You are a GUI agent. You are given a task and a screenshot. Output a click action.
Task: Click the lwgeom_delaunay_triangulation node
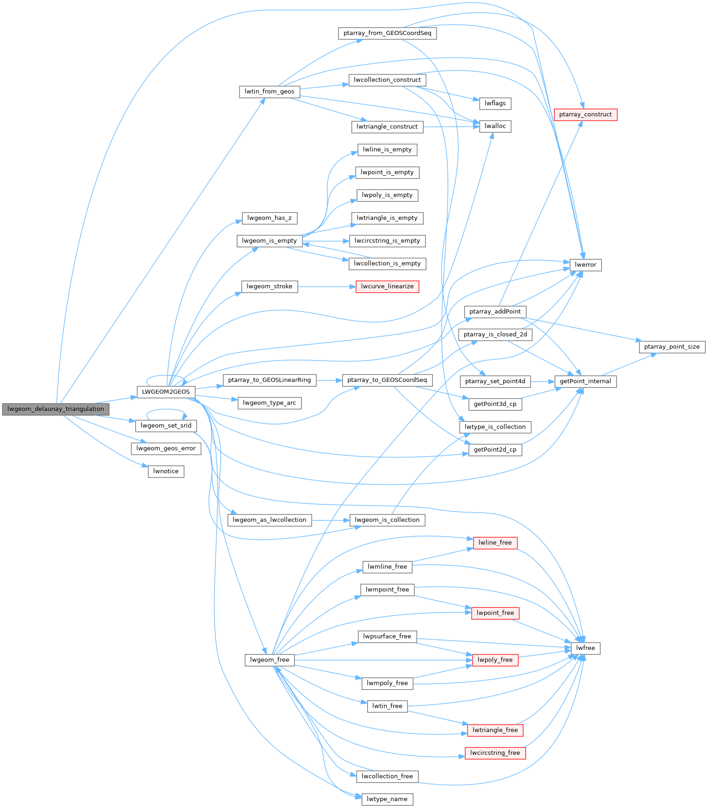pyautogui.click(x=55, y=409)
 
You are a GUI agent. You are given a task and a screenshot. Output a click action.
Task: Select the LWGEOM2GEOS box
pyautogui.click(x=166, y=392)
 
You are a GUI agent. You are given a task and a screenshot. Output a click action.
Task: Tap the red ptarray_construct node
pyautogui.click(x=585, y=115)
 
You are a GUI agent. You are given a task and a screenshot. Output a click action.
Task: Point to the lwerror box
pyautogui.click(x=585, y=265)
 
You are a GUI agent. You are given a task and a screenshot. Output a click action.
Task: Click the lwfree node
pyautogui.click(x=585, y=648)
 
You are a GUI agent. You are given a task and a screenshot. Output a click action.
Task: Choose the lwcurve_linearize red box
pyautogui.click(x=387, y=287)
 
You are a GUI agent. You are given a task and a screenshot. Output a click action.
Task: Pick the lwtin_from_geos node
pyautogui.click(x=269, y=92)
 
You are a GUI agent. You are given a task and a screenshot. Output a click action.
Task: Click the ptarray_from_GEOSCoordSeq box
pyautogui.click(x=387, y=33)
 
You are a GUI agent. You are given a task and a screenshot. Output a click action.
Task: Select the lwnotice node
pyautogui.click(x=166, y=471)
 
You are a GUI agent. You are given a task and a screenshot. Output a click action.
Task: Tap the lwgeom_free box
pyautogui.click(x=269, y=660)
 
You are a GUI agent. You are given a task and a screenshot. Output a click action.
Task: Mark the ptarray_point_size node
pyautogui.click(x=671, y=347)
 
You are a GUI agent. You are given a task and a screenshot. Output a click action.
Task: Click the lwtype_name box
pyautogui.click(x=387, y=799)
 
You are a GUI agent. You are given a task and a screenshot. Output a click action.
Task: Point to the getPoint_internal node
pyautogui.click(x=585, y=381)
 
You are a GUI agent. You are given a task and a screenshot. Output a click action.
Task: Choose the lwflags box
pyautogui.click(x=495, y=104)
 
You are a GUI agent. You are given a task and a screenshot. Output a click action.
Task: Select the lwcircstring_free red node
pyautogui.click(x=495, y=753)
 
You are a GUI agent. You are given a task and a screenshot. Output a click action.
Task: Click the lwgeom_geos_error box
pyautogui.click(x=166, y=448)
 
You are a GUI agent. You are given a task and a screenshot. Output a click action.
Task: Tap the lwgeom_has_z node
pyautogui.click(x=269, y=218)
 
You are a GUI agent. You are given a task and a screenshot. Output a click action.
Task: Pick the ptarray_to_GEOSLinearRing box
pyautogui.click(x=269, y=380)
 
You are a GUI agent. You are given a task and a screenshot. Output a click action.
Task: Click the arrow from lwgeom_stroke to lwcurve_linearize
pyautogui.click(x=326, y=287)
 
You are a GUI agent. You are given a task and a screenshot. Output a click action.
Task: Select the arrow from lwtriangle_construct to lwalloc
pyautogui.click(x=451, y=127)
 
